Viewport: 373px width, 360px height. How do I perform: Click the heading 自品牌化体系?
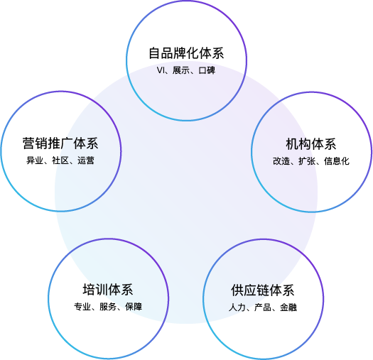[x=186, y=53]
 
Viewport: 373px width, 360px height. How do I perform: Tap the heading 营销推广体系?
[x=60, y=143]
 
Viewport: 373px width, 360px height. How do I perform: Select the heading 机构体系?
[x=311, y=144]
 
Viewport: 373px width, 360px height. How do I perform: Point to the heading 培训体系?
[x=108, y=290]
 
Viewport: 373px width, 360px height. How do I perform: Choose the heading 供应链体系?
[x=263, y=290]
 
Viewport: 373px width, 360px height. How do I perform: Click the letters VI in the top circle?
[x=161, y=70]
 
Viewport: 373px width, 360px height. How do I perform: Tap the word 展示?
[x=181, y=70]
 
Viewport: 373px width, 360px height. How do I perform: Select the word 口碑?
[x=207, y=70]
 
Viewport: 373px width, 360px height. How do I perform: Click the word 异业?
[x=35, y=160]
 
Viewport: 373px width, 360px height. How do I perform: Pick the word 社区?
[x=60, y=160]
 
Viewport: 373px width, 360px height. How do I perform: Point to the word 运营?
[x=86, y=160]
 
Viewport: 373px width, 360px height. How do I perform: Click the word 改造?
[x=281, y=161]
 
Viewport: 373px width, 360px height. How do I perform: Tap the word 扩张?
[x=307, y=161]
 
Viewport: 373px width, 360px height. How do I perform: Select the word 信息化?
[x=337, y=161]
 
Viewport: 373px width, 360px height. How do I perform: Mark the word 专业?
[x=82, y=307]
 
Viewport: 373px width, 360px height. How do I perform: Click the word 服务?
[x=108, y=307]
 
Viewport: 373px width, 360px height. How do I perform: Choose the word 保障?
[x=134, y=307]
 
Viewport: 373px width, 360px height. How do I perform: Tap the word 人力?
[x=237, y=307]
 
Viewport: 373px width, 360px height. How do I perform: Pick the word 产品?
[x=263, y=307]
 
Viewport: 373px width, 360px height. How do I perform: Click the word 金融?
[x=288, y=307]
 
